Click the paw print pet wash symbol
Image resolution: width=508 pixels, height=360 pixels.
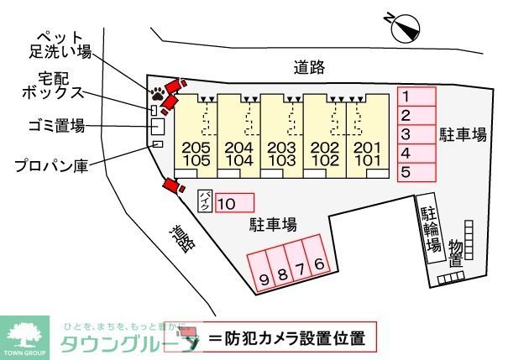(x=157, y=91)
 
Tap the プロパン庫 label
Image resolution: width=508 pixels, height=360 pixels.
(x=51, y=165)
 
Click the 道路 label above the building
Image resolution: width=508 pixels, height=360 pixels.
(x=310, y=67)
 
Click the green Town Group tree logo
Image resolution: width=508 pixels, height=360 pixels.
(x=27, y=337)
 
